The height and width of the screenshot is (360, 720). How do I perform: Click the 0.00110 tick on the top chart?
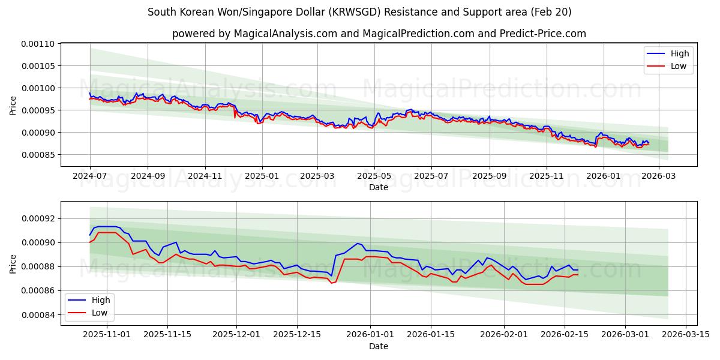click(x=38, y=44)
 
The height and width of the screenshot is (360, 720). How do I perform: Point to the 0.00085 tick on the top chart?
click(x=38, y=155)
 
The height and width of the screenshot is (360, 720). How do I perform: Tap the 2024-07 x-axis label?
click(x=90, y=176)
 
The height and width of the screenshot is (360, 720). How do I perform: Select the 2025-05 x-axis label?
click(x=374, y=176)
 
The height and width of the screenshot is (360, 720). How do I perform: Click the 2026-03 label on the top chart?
click(x=659, y=176)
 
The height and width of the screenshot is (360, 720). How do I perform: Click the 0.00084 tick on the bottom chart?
click(x=38, y=315)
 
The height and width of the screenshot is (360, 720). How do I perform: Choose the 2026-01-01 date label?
click(x=370, y=335)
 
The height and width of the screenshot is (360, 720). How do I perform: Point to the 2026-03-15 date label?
click(x=686, y=335)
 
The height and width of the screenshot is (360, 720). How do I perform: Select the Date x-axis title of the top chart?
click(x=379, y=187)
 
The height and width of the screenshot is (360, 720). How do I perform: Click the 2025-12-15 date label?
click(x=296, y=335)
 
